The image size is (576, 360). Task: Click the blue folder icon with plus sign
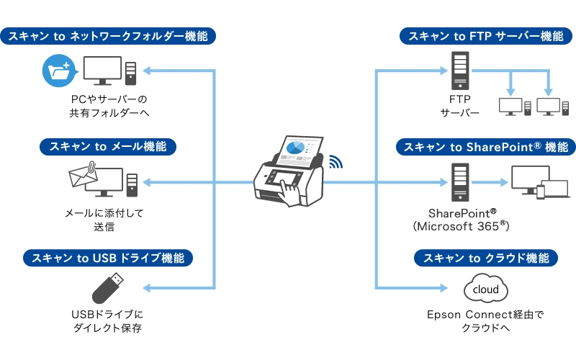point(57,70)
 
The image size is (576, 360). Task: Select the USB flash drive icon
point(108,288)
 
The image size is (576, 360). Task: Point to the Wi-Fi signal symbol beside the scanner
point(336,161)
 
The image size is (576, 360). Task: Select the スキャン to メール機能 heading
point(108,146)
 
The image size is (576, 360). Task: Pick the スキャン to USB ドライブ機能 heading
point(108,258)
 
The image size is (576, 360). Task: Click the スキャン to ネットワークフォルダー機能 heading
point(108,35)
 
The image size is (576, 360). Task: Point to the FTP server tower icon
point(459,70)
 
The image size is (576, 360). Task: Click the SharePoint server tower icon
point(459,181)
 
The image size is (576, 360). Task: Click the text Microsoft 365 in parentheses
point(462,226)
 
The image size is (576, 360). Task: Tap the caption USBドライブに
point(108,315)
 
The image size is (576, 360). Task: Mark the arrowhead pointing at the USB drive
point(146,288)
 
